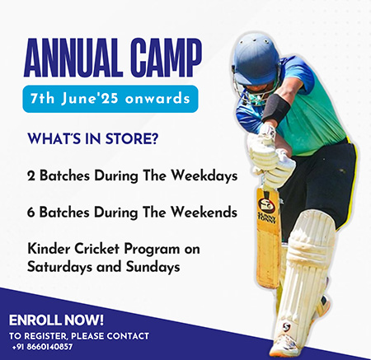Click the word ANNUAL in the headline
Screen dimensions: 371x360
tap(73, 58)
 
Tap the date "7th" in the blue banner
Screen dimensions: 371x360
tap(43, 99)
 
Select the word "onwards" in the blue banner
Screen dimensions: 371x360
tap(157, 99)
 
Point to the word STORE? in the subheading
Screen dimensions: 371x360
tap(132, 138)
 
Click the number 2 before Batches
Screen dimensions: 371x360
tap(31, 176)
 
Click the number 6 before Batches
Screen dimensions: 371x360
tap(31, 213)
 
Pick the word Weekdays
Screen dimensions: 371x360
tap(204, 176)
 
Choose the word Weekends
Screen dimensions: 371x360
tap(204, 213)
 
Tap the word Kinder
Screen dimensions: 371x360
tap(49, 249)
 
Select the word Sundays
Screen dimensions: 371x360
tap(153, 267)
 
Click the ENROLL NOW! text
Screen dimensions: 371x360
tap(56, 320)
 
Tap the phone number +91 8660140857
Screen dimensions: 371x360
tap(42, 347)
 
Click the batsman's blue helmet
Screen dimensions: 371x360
tap(256, 60)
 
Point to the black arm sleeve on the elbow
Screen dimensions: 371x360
tap(275, 109)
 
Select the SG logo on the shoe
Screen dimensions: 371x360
tap(286, 327)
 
